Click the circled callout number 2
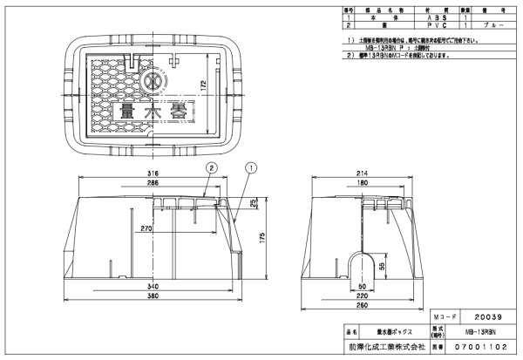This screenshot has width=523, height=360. (211, 166)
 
